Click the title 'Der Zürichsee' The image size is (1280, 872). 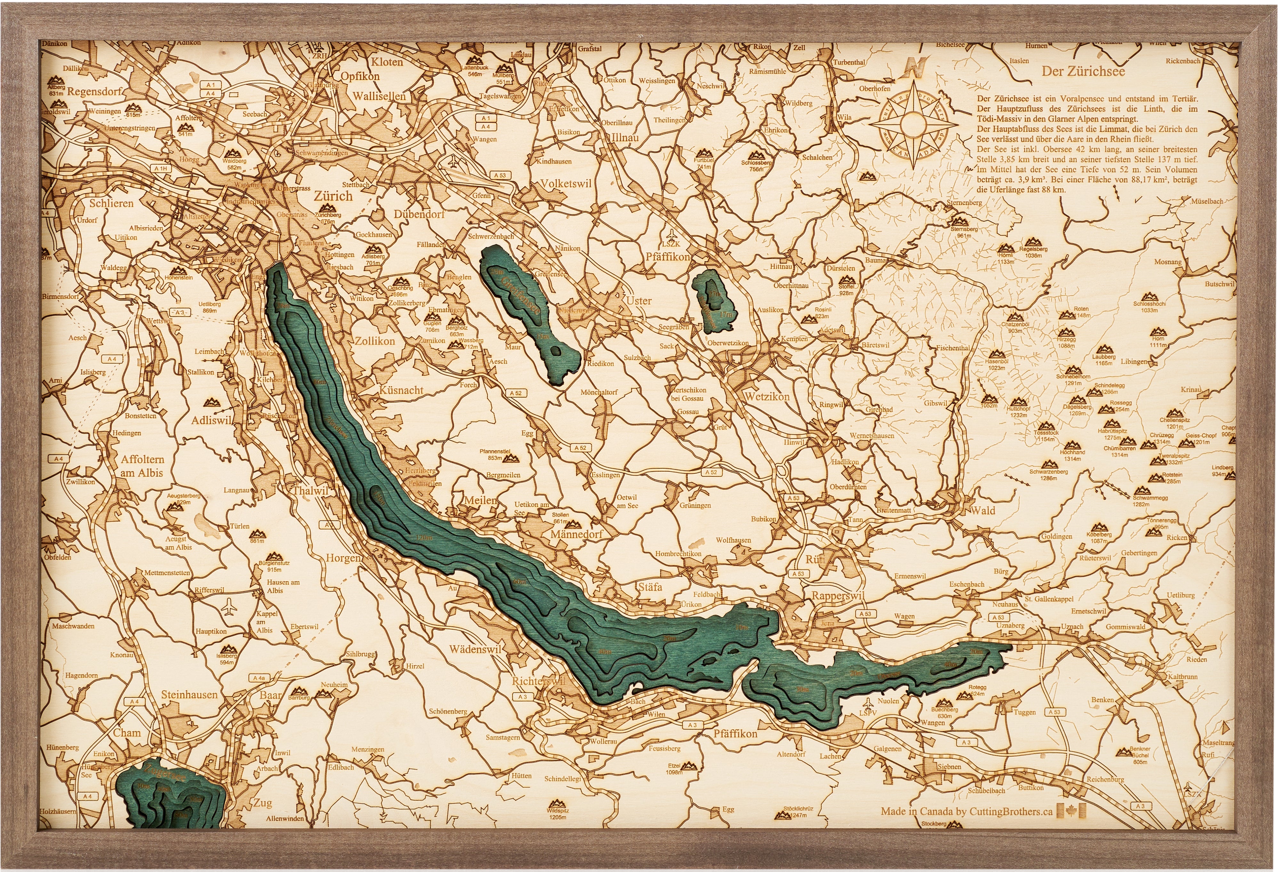point(1083,71)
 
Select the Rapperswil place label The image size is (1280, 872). point(837,596)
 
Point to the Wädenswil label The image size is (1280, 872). point(475,649)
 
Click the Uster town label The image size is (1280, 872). point(638,301)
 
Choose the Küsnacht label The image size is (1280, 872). point(401,390)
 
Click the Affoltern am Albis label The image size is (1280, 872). point(143,465)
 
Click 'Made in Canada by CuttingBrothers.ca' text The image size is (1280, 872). point(966,811)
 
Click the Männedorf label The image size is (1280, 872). point(576,534)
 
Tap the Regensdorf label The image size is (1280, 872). point(95,92)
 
